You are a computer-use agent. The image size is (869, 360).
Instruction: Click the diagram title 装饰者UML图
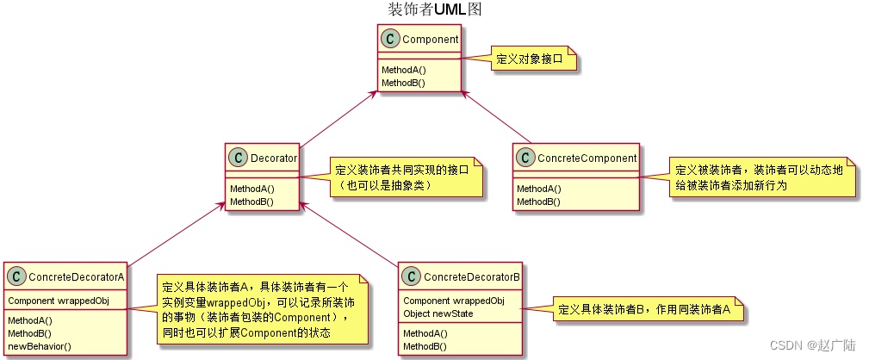point(434,9)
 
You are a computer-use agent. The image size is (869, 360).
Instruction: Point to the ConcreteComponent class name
point(587,158)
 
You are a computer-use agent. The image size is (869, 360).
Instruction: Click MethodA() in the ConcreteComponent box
point(538,189)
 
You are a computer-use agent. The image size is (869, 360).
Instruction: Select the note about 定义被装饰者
point(763,177)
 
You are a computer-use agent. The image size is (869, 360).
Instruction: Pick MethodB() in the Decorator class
point(251,202)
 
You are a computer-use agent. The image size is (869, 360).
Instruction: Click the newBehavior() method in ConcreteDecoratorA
point(40,345)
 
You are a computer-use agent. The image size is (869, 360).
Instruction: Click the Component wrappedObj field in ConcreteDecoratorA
point(59,301)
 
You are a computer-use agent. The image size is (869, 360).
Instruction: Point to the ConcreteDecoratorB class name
point(471,277)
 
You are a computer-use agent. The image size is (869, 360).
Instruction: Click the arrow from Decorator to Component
point(338,115)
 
